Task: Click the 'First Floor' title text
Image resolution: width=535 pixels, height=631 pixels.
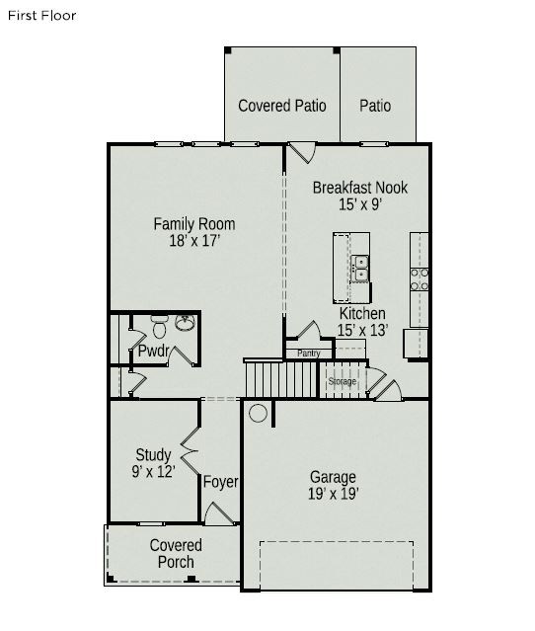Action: (40, 16)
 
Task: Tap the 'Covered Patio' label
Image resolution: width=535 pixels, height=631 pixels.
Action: (282, 106)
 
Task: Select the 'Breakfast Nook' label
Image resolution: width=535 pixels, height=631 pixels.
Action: (359, 188)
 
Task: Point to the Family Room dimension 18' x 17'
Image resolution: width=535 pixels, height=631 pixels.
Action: (193, 241)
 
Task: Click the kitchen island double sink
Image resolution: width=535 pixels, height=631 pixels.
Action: (360, 268)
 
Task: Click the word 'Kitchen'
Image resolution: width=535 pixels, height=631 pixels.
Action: (362, 314)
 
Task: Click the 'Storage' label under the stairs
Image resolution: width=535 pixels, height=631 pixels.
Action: (342, 381)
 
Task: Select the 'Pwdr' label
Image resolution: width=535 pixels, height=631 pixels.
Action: (153, 351)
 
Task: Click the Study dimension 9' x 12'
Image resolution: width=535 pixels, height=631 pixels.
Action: (154, 472)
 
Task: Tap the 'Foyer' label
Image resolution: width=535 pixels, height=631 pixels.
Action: (220, 482)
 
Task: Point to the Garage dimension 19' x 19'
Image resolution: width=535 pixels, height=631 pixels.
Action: (333, 494)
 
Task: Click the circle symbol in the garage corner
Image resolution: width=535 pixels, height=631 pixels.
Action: (259, 413)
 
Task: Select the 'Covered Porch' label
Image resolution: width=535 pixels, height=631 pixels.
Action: (176, 554)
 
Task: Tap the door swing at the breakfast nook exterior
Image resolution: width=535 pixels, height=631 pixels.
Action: (301, 154)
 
